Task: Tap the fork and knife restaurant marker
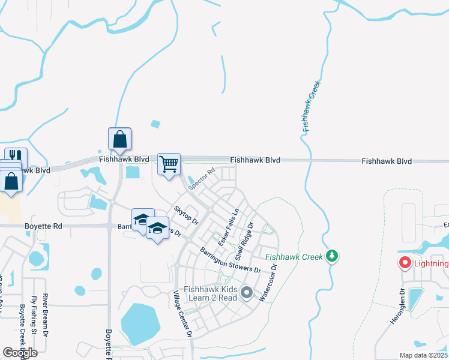(16, 158)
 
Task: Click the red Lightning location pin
(405, 263)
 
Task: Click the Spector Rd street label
(202, 179)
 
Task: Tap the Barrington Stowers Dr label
(231, 260)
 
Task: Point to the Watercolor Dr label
(268, 283)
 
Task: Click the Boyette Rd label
(43, 226)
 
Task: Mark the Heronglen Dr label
(397, 307)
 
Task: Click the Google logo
(20, 352)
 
